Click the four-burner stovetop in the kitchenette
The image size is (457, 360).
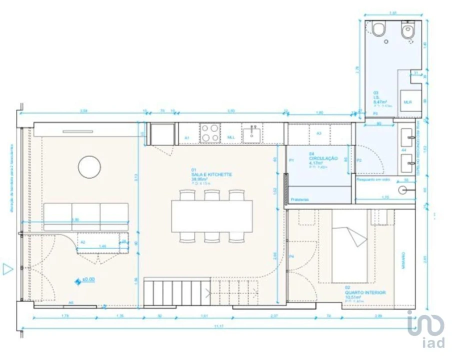point(209,133)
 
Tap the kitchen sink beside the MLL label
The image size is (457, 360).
point(251,134)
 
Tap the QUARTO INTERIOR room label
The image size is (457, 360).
point(365,292)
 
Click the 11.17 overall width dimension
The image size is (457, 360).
point(219,326)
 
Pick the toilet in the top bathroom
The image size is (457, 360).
point(379,30)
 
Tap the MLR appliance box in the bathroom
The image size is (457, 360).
point(408,101)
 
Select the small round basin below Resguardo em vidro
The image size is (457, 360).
point(403,190)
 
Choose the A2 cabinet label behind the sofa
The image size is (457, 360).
point(83,242)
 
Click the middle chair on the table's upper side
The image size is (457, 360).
point(211,194)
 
